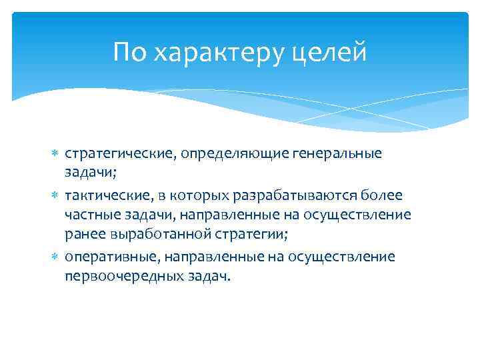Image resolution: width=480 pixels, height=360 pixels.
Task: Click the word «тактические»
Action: click(102, 195)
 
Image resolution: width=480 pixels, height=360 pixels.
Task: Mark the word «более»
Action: click(384, 195)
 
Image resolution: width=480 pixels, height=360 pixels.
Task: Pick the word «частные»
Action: click(88, 215)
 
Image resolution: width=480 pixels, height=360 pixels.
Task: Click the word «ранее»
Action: click(83, 235)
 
